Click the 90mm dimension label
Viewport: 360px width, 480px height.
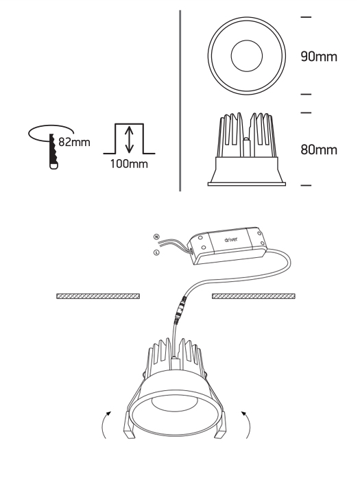(319, 57)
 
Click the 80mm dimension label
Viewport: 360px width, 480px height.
(319, 149)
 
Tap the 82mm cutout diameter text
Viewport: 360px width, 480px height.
(74, 142)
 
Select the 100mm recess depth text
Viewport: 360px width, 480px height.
(129, 164)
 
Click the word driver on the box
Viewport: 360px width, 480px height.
(231, 239)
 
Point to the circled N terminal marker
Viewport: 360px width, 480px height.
(156, 237)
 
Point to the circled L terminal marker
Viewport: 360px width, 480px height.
(156, 253)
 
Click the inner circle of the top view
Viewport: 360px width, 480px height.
(247, 56)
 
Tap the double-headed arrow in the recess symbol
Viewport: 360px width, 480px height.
(129, 139)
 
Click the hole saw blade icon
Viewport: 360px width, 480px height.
(53, 152)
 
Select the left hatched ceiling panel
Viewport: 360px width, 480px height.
(98, 296)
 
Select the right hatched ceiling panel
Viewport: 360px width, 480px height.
(254, 296)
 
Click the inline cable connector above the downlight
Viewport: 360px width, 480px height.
(180, 310)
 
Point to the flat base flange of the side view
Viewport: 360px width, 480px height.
(247, 184)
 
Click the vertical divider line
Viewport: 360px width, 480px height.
(180, 101)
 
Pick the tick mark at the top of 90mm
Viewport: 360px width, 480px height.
(306, 17)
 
